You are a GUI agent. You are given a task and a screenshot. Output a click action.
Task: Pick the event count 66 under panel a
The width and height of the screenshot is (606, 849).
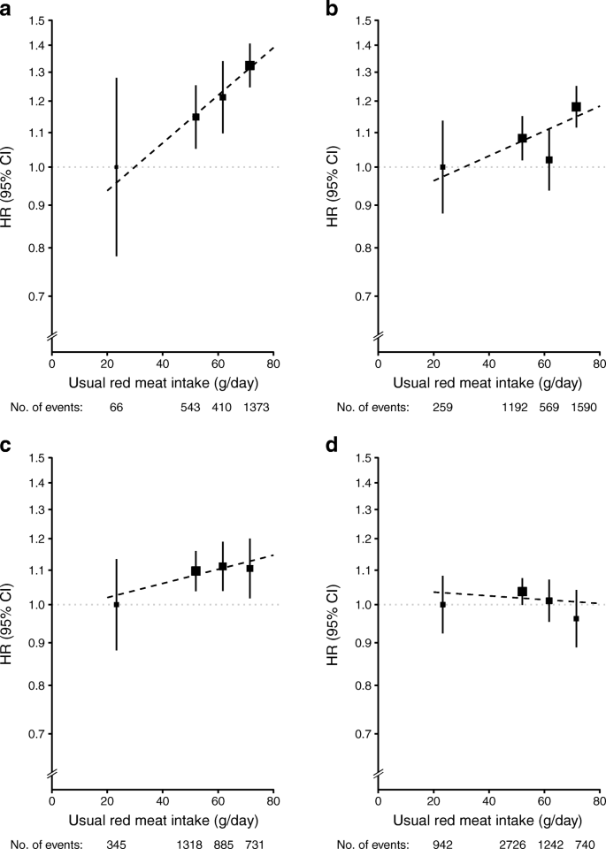117,407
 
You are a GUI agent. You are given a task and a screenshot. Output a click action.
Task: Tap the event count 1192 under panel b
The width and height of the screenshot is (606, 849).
523,407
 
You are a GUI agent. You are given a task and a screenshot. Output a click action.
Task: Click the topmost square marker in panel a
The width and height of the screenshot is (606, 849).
250,65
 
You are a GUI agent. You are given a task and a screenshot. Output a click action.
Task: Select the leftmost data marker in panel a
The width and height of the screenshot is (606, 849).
116,167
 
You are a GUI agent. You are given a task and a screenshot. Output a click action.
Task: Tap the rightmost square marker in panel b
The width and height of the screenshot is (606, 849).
576,107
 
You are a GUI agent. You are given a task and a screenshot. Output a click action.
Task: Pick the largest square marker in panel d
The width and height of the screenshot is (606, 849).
523,592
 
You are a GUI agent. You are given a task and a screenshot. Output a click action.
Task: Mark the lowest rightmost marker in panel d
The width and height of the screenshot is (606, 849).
576,619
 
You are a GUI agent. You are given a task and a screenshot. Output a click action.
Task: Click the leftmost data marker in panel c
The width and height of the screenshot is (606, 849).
116,605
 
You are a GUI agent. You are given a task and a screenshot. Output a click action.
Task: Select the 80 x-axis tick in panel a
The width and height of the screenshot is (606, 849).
273,363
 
